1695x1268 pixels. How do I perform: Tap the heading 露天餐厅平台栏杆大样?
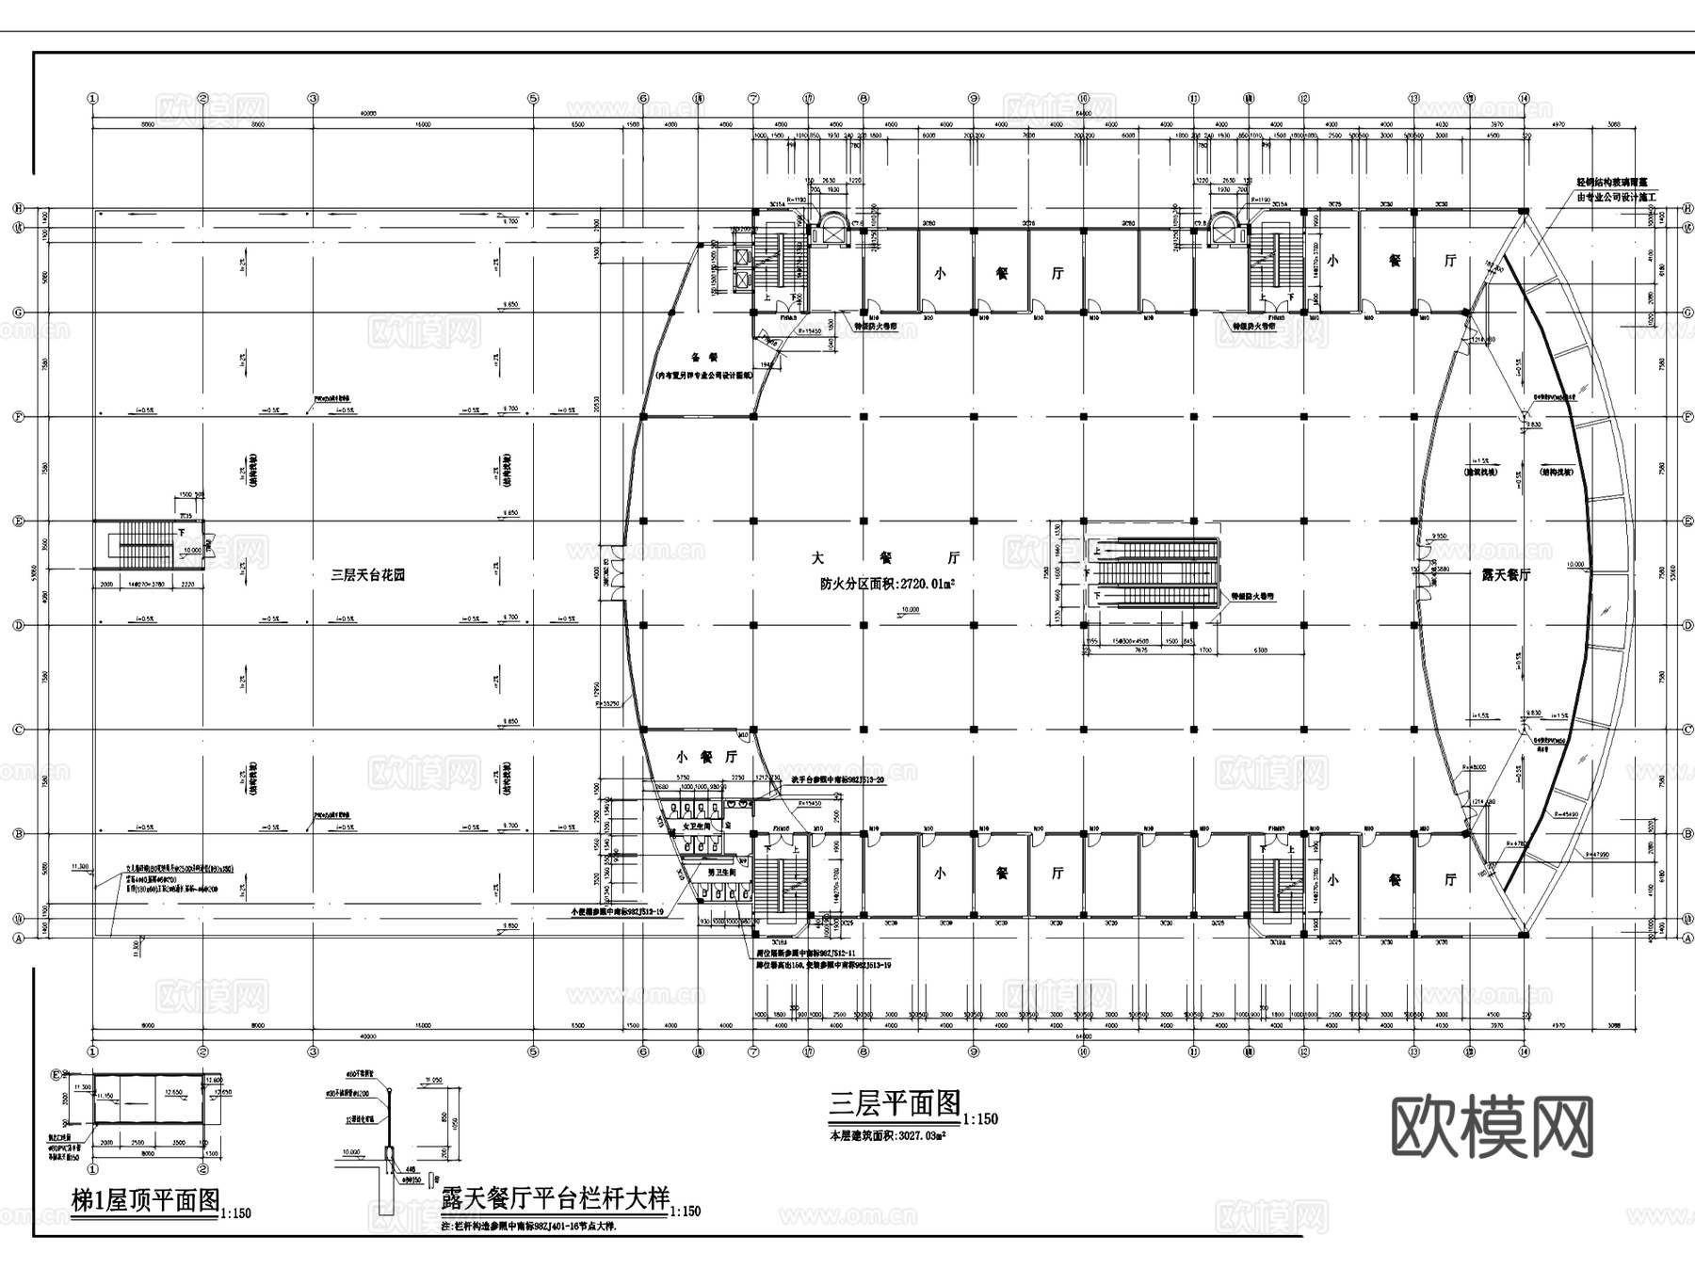[x=556, y=1198]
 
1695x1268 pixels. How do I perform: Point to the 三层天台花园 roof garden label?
[x=367, y=574]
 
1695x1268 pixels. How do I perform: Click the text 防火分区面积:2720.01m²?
[x=887, y=585]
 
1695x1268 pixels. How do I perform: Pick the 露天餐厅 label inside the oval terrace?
[x=1506, y=574]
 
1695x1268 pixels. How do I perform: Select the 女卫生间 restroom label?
[x=693, y=826]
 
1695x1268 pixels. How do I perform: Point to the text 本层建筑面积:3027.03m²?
[x=887, y=1136]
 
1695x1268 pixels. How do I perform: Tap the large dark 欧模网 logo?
[x=1492, y=1127]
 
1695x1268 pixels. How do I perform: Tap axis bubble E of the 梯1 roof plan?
[x=56, y=1074]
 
